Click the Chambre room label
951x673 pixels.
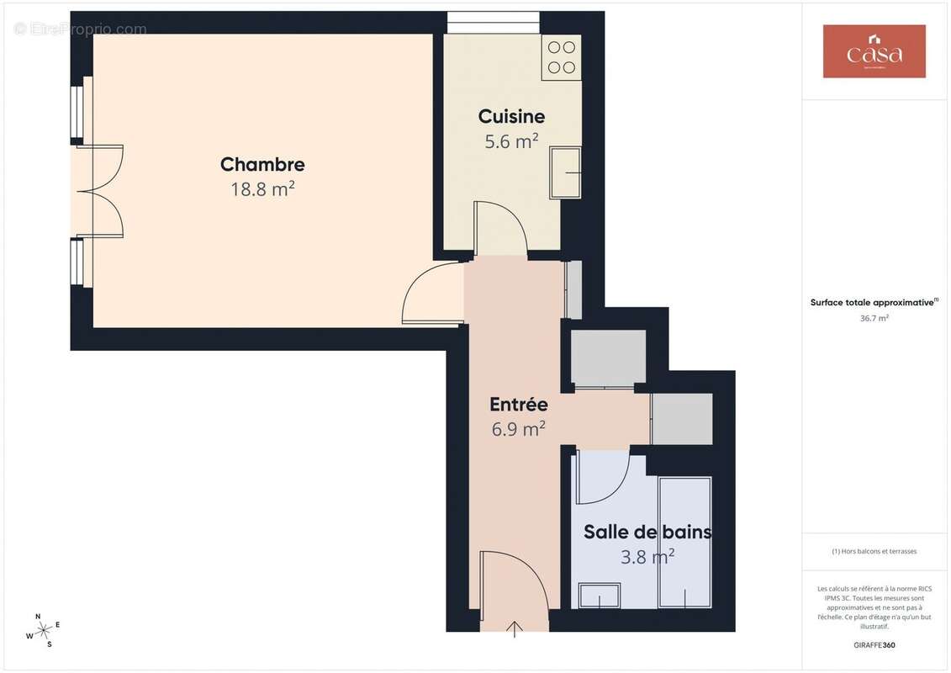tap(262, 165)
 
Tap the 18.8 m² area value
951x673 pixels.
tap(262, 189)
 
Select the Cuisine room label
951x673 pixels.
tap(511, 117)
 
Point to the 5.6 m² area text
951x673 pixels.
tap(511, 141)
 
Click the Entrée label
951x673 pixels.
tap(519, 405)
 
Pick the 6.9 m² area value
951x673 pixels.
tap(519, 429)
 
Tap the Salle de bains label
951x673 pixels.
tap(647, 532)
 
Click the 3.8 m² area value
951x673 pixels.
tap(647, 556)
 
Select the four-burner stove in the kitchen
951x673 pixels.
tap(561, 57)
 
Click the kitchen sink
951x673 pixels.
tap(565, 172)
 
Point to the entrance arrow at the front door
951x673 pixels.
tap(514, 628)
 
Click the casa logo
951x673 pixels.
tap(874, 51)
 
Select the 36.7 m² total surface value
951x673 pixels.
tap(874, 319)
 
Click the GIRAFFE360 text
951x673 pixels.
tap(874, 645)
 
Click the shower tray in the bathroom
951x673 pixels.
tap(684, 542)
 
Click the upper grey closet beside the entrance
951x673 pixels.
tap(608, 358)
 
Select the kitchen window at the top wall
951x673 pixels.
tap(493, 22)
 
